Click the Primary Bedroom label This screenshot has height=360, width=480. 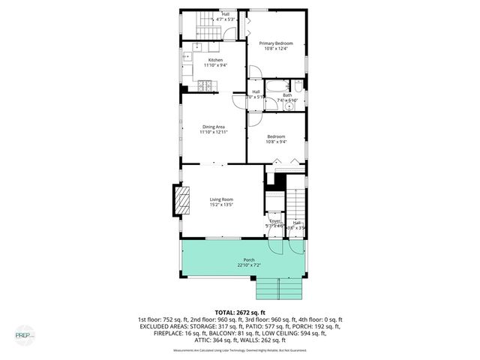pyautogui.click(x=276, y=44)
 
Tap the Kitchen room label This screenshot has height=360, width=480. pyautogui.click(x=215, y=60)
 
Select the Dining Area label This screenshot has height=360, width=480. pyautogui.click(x=213, y=127)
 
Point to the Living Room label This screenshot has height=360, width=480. pyautogui.click(x=221, y=199)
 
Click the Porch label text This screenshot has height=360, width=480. pyautogui.click(x=248, y=260)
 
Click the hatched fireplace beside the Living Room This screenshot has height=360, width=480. pyautogui.click(x=181, y=201)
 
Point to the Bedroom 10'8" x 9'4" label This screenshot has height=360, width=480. pyautogui.click(x=276, y=139)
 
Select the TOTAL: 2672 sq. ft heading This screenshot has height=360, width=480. pyautogui.click(x=240, y=312)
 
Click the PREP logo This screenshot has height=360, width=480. pyautogui.click(x=25, y=334)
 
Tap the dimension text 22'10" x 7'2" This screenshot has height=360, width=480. pyautogui.click(x=248, y=265)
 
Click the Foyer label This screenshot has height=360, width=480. pyautogui.click(x=274, y=221)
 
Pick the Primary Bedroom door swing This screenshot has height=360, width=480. pyautogui.click(x=256, y=73)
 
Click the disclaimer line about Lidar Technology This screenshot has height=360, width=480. pyautogui.click(x=240, y=349)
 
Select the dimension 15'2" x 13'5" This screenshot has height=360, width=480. pyautogui.click(x=221, y=205)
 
